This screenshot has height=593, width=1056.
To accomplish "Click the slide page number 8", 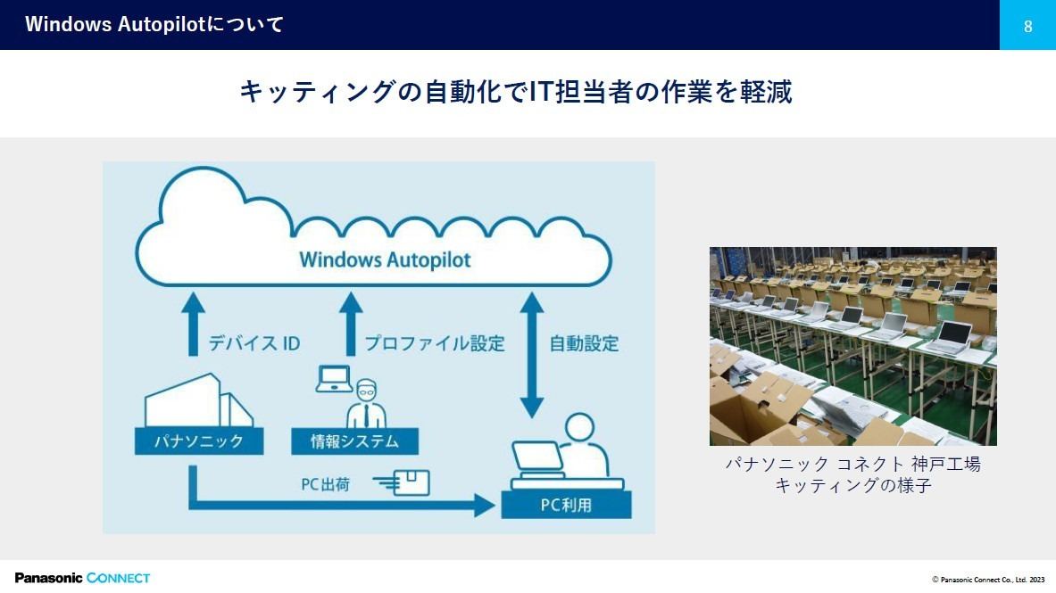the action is coord(1027,26).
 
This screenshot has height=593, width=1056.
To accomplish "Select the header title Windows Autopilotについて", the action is coord(154,24).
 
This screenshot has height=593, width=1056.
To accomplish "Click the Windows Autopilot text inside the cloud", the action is coord(385,259).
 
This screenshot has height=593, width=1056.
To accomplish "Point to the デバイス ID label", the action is coord(254,343).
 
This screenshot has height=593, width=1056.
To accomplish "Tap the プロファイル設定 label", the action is coord(435,343).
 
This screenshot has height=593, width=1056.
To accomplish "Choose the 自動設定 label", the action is coord(584,343).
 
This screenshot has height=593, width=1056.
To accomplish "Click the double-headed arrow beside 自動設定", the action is coord(532,355).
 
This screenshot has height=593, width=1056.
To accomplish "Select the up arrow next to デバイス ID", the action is coord(194,324).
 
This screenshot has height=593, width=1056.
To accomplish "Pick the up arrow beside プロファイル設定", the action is coord(351,324).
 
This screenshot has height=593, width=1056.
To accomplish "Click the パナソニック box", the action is coord(199,441).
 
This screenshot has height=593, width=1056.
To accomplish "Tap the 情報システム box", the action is coord(355,441).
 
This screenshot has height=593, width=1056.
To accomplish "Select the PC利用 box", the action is coord(567,505).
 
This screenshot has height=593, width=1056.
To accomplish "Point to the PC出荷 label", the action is coord(325,484).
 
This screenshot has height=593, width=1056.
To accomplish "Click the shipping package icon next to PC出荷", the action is coord(402,482).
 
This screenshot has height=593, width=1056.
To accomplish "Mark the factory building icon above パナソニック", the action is coord(199,400).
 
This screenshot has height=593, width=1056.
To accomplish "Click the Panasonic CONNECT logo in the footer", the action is coord(82,578).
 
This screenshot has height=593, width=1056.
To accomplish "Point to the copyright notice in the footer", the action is coord(988,580).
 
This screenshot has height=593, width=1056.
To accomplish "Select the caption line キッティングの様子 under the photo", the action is coord(852,485).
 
